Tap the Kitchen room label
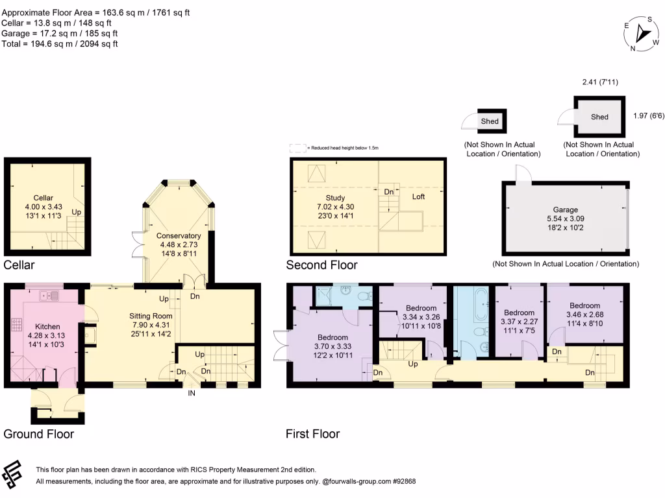tap(47, 326)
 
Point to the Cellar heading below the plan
tap(19, 265)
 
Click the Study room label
tap(336, 198)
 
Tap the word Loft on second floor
tap(418, 196)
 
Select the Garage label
tap(565, 210)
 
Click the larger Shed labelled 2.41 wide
tap(599, 117)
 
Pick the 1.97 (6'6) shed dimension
tap(648, 116)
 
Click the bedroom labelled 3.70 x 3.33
tap(332, 338)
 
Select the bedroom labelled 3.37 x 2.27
tap(519, 313)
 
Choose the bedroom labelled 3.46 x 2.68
tap(584, 305)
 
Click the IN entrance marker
tap(192, 392)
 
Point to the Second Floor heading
tap(322, 265)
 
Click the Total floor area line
tap(60, 43)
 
